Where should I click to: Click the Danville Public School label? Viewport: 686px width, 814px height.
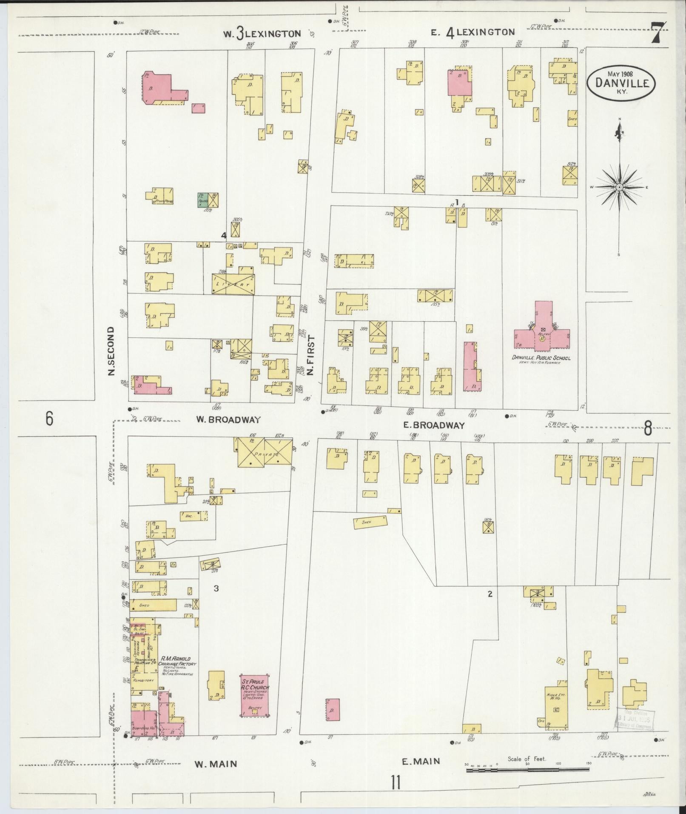coord(541,358)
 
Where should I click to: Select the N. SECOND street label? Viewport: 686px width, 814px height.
coord(112,351)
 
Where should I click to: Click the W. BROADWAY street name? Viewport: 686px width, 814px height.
coord(228,420)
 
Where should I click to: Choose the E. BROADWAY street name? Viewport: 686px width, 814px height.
coord(433,425)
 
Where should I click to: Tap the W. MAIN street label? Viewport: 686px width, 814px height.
coord(216,764)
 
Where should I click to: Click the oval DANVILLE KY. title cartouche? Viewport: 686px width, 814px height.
coord(621,83)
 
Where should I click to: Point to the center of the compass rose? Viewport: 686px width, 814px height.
coord(620,187)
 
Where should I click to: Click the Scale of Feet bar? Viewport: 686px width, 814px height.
coord(527,769)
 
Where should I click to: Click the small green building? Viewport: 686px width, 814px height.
coord(203,200)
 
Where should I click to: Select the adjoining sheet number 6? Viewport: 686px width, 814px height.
coord(49,419)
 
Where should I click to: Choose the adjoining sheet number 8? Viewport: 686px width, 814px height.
coord(647,428)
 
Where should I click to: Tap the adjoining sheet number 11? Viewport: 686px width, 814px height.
coord(396,782)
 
